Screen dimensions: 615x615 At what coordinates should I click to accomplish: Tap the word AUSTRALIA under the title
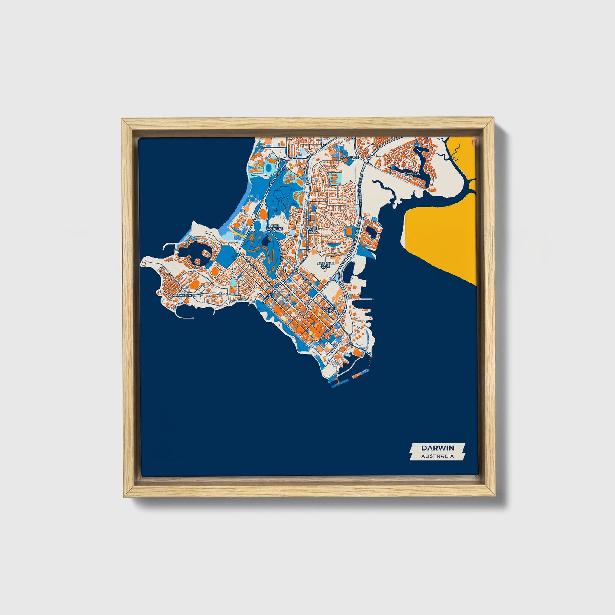(x=438, y=456)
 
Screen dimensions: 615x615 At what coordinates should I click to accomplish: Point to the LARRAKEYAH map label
(x=182, y=295)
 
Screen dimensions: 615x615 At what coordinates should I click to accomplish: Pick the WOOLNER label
(x=350, y=157)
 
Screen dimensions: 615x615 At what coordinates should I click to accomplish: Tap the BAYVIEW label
(x=412, y=174)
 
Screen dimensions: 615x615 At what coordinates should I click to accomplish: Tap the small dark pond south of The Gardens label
(x=267, y=243)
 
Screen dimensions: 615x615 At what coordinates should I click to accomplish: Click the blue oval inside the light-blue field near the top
(x=269, y=169)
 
